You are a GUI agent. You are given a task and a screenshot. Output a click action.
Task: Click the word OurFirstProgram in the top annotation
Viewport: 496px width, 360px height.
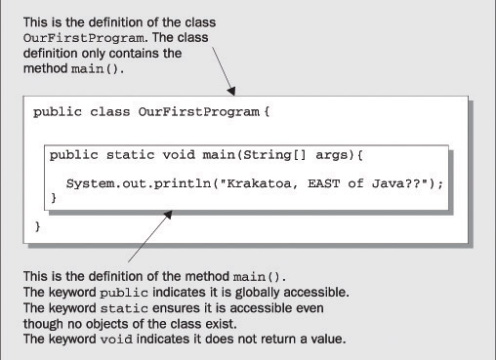click(84, 38)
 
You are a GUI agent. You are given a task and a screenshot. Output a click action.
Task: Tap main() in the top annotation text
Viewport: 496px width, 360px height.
click(96, 69)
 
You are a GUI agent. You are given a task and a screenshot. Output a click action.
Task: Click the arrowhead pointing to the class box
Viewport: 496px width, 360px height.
click(230, 91)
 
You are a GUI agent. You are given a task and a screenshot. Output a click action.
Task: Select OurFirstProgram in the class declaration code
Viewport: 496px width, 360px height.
click(199, 112)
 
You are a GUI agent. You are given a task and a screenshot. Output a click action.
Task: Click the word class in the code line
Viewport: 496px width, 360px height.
click(109, 112)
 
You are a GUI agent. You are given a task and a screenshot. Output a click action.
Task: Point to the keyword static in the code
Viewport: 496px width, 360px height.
click(130, 155)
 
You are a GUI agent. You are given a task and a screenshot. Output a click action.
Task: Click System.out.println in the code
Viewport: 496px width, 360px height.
click(139, 183)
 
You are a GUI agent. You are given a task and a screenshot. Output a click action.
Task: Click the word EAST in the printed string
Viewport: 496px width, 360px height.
click(323, 183)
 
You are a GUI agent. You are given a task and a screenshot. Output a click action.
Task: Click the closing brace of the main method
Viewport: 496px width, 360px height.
click(54, 198)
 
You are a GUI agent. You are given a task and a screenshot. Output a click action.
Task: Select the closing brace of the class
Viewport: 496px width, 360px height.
click(38, 226)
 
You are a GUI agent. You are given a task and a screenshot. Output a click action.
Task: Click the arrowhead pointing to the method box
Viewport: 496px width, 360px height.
click(168, 215)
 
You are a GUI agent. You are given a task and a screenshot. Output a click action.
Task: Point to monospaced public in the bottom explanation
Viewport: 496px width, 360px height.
click(124, 293)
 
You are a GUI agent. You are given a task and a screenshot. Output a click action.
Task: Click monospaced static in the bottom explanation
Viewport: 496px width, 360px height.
click(124, 308)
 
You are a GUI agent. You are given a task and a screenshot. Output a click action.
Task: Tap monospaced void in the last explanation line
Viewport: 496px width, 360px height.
click(116, 340)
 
